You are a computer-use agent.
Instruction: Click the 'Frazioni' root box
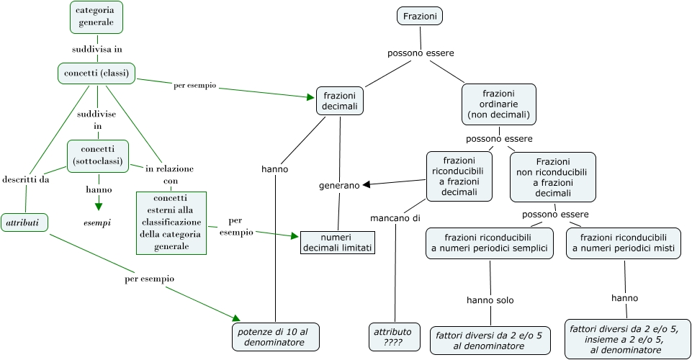pos(419,16)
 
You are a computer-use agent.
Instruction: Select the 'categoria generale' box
pos(96,17)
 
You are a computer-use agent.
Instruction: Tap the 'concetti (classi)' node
pos(96,73)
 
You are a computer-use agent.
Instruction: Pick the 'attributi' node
pos(24,223)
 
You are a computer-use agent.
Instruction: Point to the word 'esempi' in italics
pos(97,223)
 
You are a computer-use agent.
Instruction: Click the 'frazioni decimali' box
pos(340,101)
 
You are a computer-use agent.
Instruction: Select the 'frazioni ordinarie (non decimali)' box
pos(498,104)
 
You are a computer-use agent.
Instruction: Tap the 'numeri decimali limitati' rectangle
pos(338,243)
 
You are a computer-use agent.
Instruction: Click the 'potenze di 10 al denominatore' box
pos(275,337)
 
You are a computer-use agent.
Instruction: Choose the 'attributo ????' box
pos(392,337)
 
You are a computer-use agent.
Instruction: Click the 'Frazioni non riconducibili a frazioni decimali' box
pos(552,177)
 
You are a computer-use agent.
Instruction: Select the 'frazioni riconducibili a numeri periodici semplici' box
pos(489,243)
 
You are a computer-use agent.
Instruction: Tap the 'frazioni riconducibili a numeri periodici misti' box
pos(622,243)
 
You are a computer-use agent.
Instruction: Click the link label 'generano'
pos(339,186)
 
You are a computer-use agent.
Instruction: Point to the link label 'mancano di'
pos(395,218)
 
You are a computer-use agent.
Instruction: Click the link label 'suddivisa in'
pos(97,50)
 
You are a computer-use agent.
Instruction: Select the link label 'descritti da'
pos(26,179)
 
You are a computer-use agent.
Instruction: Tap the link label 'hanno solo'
pos(490,300)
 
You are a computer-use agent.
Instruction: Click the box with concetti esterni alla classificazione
pos(171,222)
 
